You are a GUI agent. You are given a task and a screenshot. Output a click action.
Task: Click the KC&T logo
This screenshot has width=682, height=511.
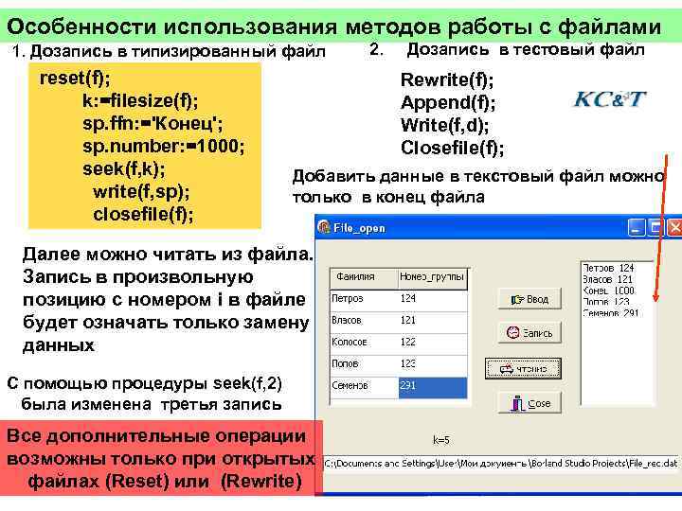coord(610,100)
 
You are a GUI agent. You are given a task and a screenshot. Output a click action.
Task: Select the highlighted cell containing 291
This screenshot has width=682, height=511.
coord(432,386)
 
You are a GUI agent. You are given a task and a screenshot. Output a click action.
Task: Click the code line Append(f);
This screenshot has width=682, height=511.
coord(448,103)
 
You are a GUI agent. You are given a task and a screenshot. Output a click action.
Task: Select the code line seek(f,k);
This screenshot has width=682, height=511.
coord(124,169)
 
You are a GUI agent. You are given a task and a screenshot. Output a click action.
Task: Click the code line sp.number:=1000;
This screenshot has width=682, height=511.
coord(164,147)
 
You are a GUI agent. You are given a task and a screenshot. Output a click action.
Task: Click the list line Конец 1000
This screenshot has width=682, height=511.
coord(610,291)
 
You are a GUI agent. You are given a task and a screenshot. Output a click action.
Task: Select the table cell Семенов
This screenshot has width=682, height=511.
coord(350,386)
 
